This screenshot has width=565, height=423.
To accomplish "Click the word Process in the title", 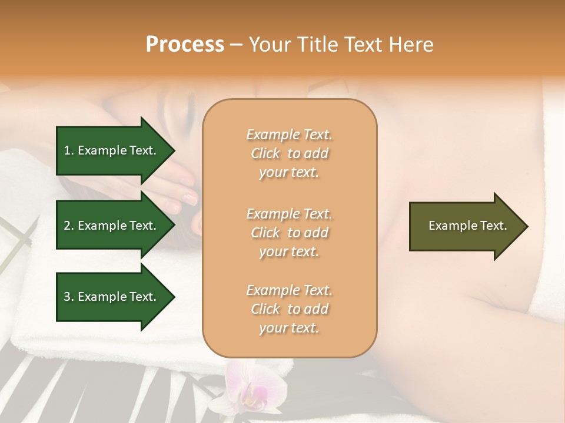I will point(185,45).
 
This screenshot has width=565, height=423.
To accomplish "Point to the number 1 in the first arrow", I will point(67,150).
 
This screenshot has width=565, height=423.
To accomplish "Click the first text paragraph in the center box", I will point(289,153).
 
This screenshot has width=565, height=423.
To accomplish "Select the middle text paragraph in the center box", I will point(289,232).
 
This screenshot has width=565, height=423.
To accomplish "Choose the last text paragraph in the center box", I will point(289,309).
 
